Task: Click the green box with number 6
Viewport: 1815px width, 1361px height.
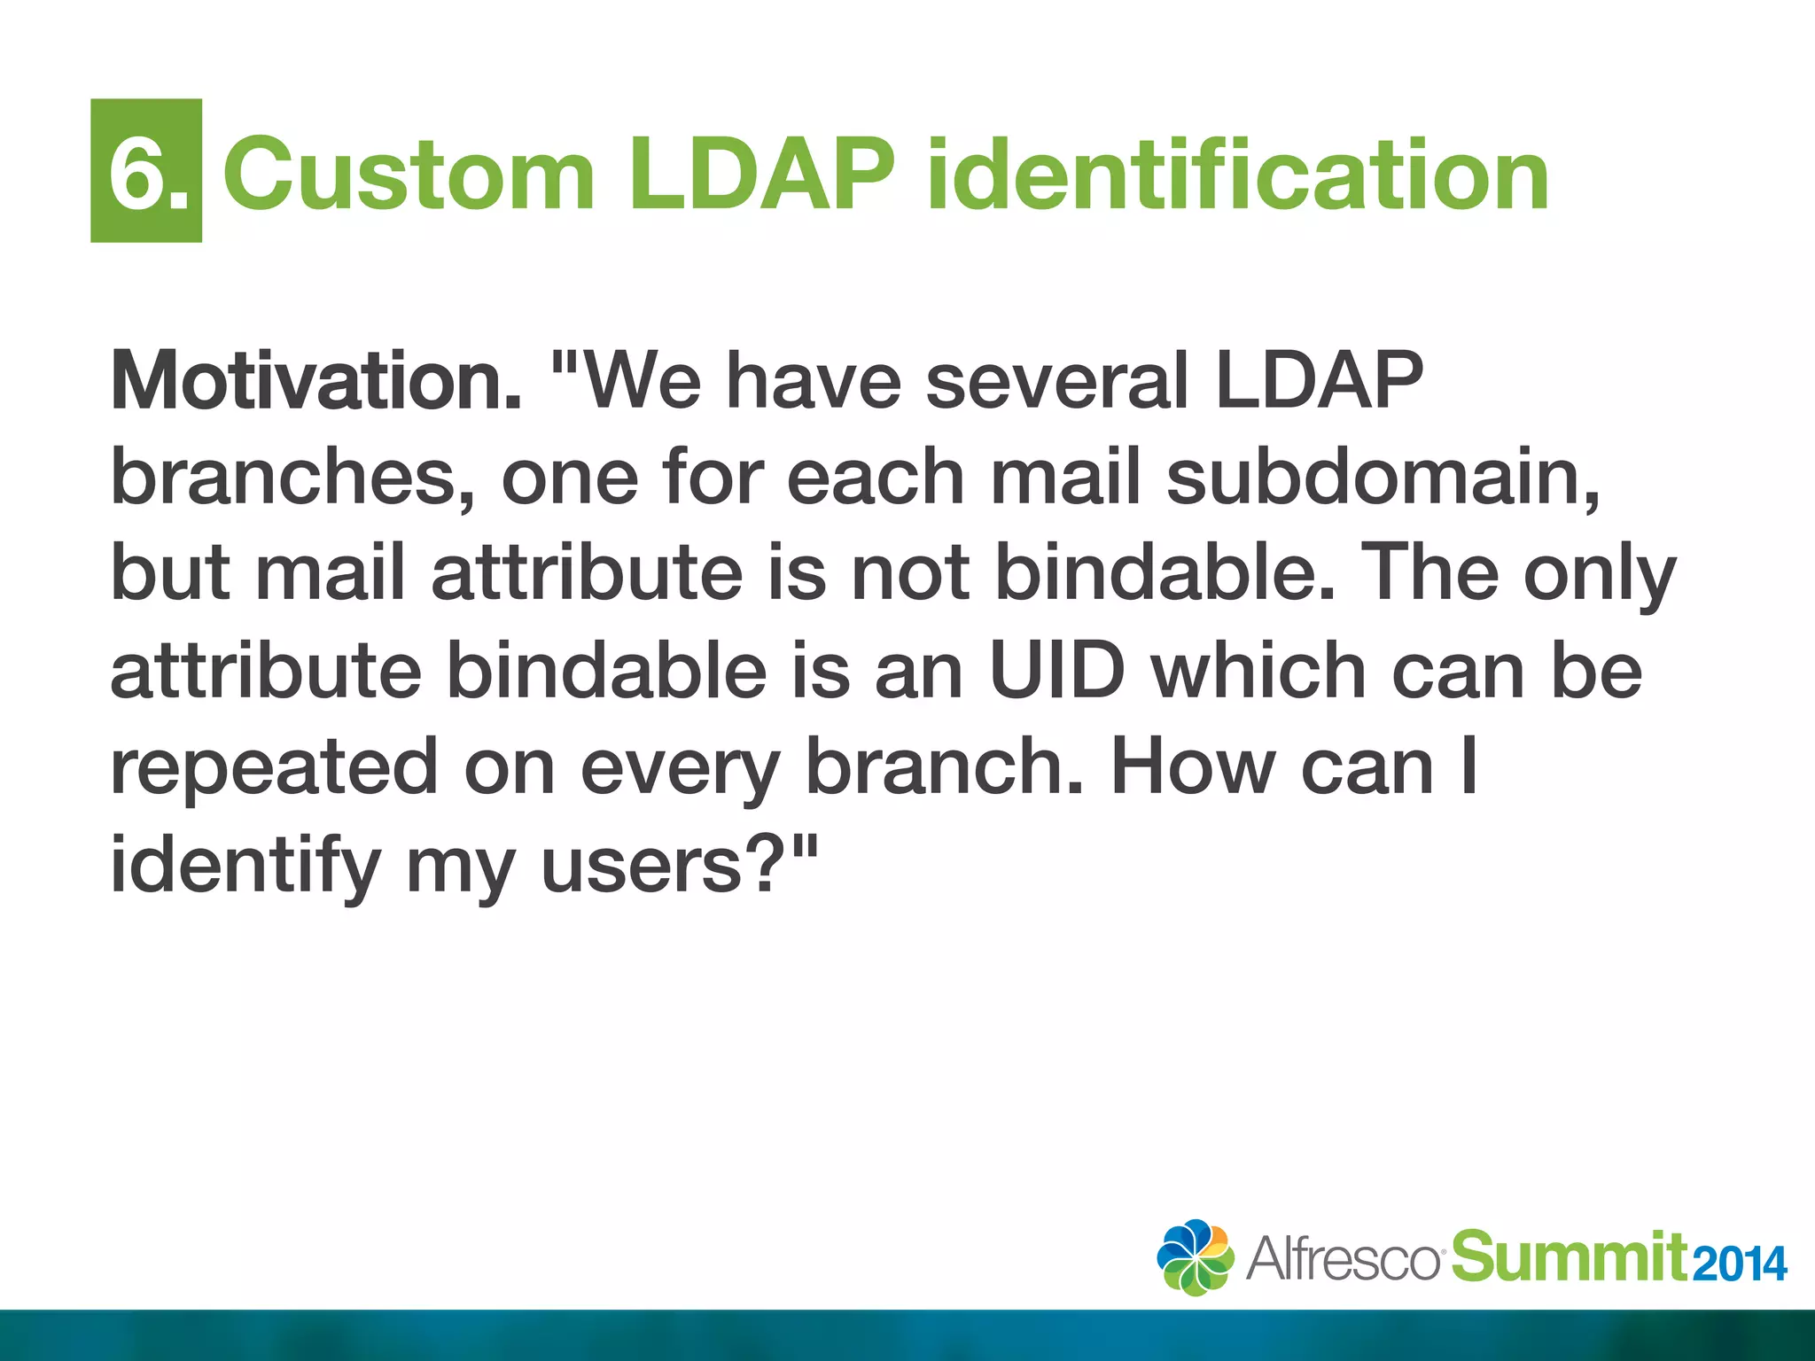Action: click(146, 170)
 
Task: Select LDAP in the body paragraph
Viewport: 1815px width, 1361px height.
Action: click(1319, 381)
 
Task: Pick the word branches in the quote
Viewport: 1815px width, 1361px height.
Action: click(293, 478)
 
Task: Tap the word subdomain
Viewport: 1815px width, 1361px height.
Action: click(1383, 478)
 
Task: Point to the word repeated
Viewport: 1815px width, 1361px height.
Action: click(274, 767)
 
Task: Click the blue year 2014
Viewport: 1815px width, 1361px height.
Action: click(1739, 1264)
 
